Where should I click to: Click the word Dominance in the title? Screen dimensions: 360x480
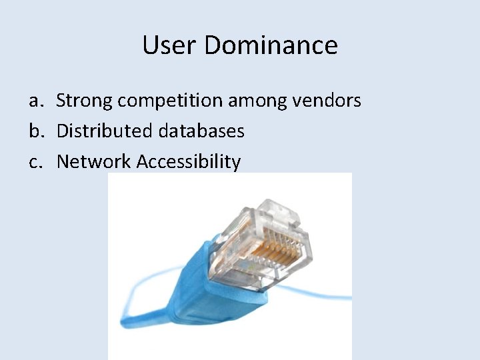pyautogui.click(x=271, y=45)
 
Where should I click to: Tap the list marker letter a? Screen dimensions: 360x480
pyautogui.click(x=35, y=101)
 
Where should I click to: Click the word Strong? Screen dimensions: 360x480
pyautogui.click(x=85, y=101)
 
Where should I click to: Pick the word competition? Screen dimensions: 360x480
pyautogui.click(x=170, y=101)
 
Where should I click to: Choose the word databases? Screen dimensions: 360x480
pyautogui.click(x=201, y=131)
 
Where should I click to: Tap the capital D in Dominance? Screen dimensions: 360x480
pyautogui.click(x=213, y=45)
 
